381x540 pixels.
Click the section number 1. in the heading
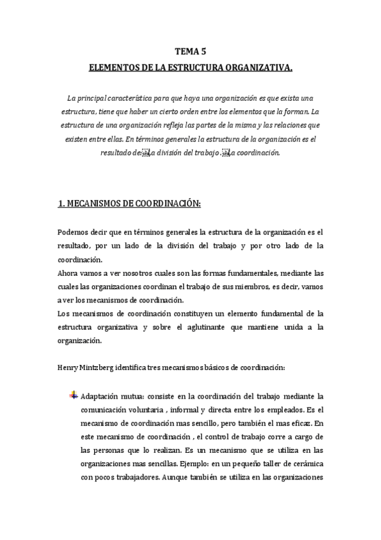point(62,203)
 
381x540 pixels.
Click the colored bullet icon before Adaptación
point(74,395)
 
